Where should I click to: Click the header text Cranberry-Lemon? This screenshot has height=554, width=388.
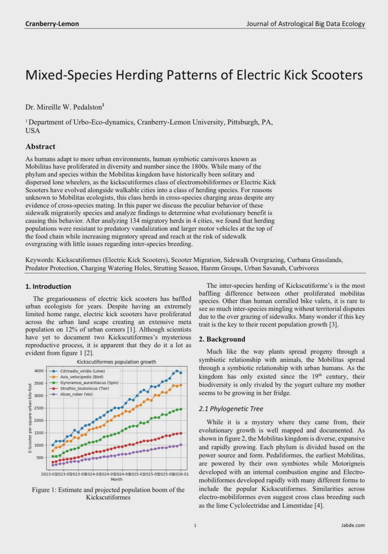click(52, 24)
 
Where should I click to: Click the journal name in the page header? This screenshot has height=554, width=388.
click(305, 24)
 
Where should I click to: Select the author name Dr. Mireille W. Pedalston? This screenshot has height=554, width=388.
click(64, 107)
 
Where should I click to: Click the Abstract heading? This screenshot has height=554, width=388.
click(40, 147)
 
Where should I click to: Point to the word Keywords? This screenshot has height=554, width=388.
click(40, 260)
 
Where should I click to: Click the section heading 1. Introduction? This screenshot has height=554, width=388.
click(48, 286)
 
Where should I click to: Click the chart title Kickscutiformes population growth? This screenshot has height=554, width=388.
click(116, 362)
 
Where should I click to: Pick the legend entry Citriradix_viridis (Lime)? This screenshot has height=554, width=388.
click(82, 371)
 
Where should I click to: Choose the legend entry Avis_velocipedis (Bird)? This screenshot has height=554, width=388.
click(82, 377)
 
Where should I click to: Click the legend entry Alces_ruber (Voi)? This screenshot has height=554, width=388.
click(76, 394)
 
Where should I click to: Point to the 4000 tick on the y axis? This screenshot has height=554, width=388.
click(39, 371)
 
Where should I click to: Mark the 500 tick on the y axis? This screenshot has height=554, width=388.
click(40, 458)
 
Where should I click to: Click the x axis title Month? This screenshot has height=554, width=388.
click(116, 479)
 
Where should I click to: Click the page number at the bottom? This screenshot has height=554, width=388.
click(195, 526)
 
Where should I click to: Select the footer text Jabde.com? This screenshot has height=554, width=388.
click(353, 525)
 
